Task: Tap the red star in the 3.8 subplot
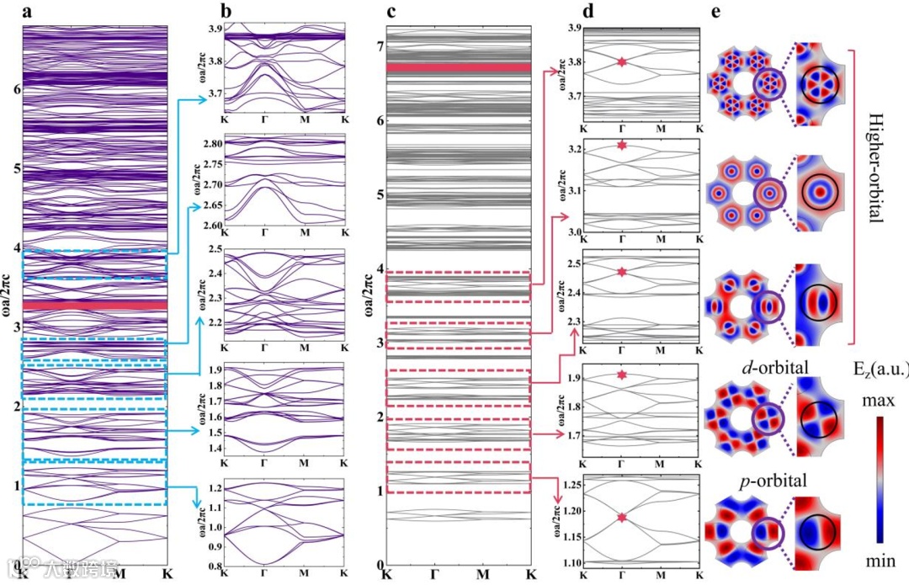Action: point(622,61)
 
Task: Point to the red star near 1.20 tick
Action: point(622,517)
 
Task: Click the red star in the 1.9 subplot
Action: point(622,375)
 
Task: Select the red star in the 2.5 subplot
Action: point(622,272)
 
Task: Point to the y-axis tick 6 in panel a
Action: point(14,88)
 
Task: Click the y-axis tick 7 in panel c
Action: point(380,46)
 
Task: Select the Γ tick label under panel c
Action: point(434,574)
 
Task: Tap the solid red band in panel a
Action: point(95,305)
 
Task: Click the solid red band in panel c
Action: point(459,66)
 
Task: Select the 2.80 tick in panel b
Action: point(210,144)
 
